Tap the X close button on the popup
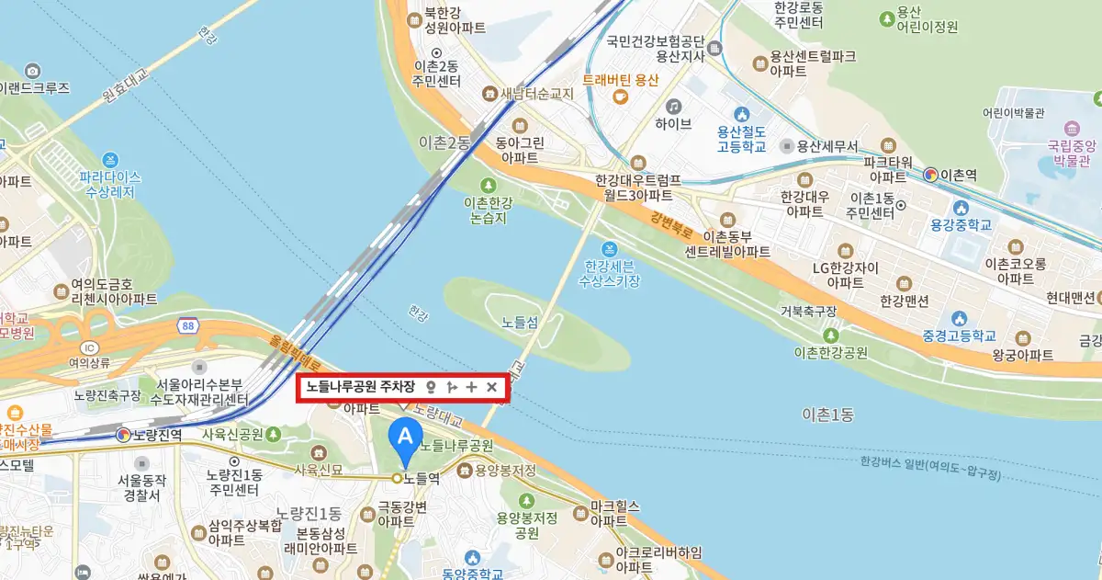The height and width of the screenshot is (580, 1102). tap(491, 388)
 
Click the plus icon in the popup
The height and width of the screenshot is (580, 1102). tap(471, 388)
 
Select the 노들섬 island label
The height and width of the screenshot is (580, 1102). tap(519, 323)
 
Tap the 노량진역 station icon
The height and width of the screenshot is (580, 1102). tap(123, 434)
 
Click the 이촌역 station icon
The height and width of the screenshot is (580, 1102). tap(931, 175)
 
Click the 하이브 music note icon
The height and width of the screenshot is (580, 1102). tap(674, 106)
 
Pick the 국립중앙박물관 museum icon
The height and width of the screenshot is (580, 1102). tap(1071, 127)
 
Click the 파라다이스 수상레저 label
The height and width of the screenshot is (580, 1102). tap(109, 184)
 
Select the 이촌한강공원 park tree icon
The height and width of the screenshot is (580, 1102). tap(831, 335)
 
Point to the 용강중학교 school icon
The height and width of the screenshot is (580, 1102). tap(960, 206)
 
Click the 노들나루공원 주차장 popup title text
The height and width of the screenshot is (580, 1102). tap(361, 388)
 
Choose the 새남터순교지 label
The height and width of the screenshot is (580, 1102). tap(537, 94)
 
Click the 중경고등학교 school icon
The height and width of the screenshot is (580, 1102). tap(961, 319)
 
